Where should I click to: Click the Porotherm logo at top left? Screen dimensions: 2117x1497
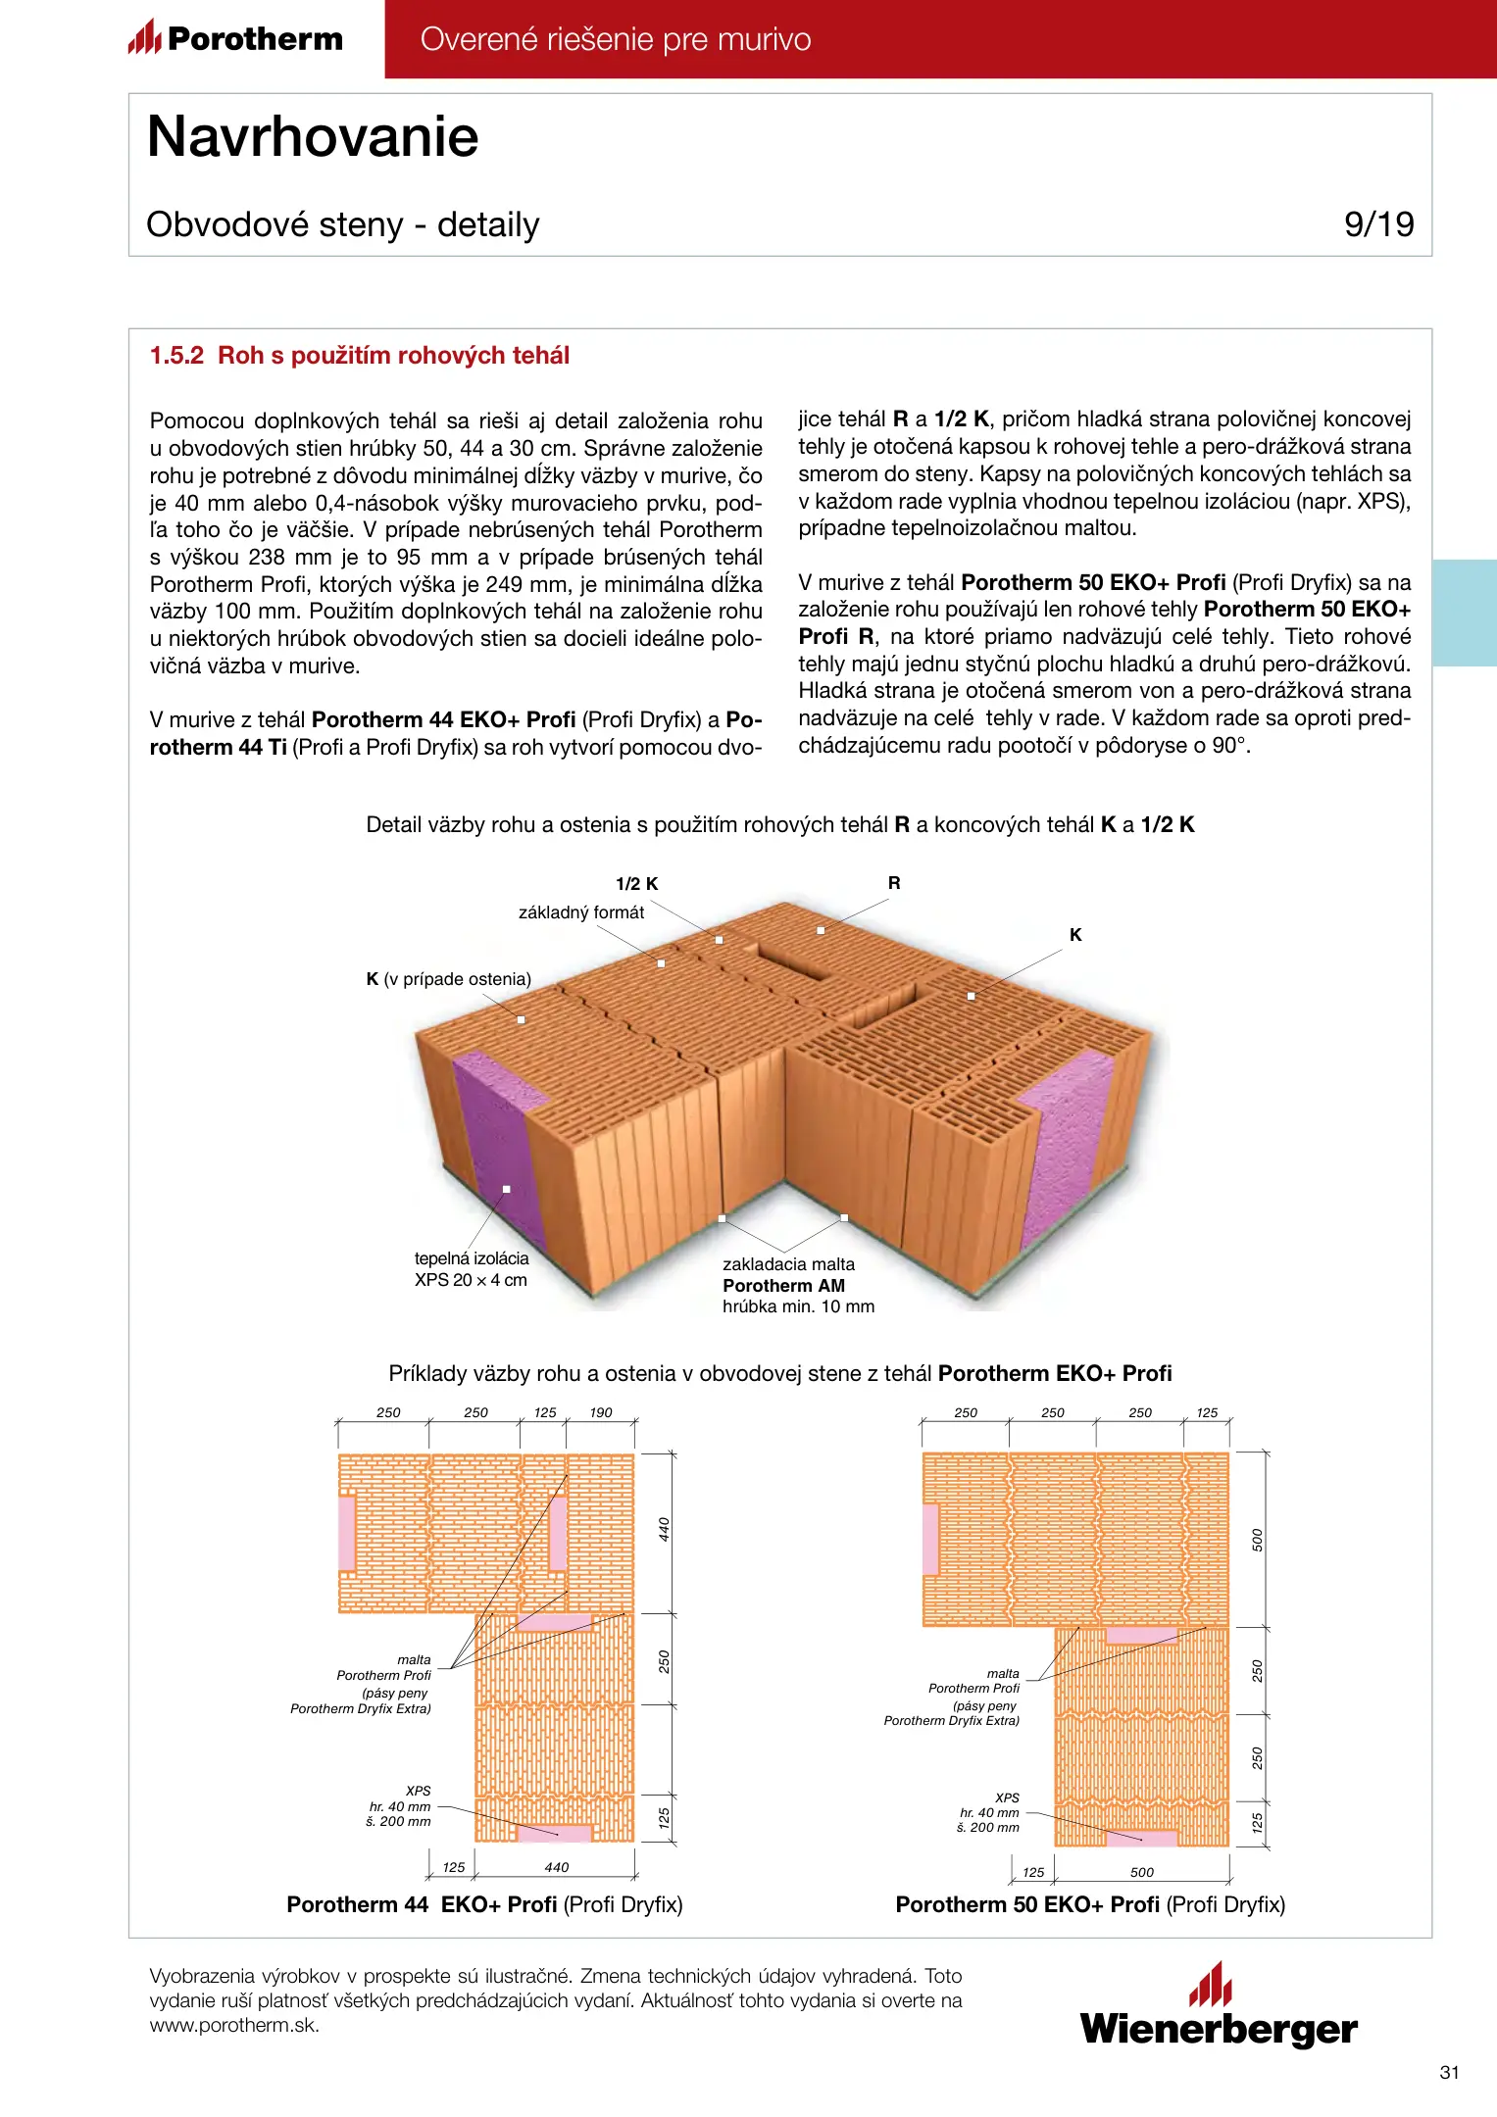(236, 38)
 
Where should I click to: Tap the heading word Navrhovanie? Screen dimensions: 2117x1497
(313, 136)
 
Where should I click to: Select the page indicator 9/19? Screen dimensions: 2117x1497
(1378, 224)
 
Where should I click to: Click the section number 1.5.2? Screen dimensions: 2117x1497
(176, 356)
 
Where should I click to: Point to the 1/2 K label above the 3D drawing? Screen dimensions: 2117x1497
(637, 884)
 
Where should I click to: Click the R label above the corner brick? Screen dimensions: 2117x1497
(894, 883)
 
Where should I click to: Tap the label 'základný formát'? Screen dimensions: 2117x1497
(581, 912)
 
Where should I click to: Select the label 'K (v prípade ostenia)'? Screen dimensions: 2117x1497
(448, 979)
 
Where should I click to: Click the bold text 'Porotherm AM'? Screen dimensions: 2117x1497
(783, 1286)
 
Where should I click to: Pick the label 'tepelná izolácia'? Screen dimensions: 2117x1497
(472, 1258)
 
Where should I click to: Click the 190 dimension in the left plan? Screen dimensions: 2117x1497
(601, 1413)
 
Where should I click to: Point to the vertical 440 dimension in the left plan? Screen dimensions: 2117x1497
(664, 1529)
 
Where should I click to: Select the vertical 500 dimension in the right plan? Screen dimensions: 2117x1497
(1258, 1541)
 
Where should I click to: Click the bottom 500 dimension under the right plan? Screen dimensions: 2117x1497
(1142, 1873)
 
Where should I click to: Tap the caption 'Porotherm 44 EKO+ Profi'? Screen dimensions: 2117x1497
(422, 1904)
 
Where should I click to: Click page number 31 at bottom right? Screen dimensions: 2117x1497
(1450, 2073)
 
